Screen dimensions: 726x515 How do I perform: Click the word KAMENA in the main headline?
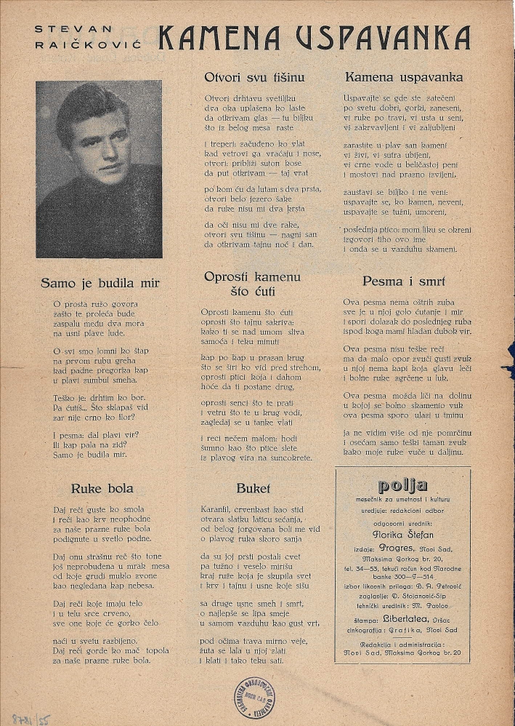219,38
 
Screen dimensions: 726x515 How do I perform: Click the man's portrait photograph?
99,169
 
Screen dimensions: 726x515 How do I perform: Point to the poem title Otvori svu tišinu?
254,77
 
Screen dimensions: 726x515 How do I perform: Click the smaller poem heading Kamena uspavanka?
403,77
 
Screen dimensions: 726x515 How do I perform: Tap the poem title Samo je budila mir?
100,283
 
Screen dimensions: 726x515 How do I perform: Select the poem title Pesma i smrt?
403,282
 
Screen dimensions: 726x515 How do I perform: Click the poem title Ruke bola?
102,488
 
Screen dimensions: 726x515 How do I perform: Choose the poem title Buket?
253,488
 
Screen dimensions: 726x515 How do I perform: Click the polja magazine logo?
402,486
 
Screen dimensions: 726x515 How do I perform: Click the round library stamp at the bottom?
254,695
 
